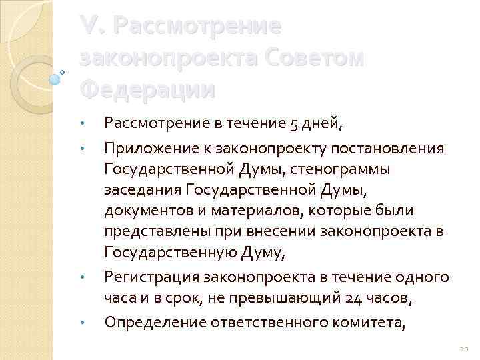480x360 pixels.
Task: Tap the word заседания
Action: (x=143, y=190)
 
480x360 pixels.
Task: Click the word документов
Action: (x=147, y=211)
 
